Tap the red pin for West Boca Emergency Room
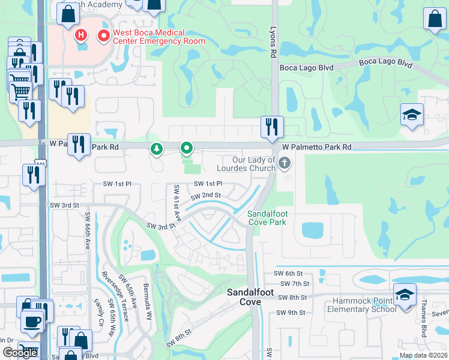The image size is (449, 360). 104,36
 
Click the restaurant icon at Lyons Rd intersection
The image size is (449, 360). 272,127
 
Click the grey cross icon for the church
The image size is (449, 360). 285,162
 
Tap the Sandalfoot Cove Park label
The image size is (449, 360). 267,218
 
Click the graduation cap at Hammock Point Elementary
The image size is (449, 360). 405,295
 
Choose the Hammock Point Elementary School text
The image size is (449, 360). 361,305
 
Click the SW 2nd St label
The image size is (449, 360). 206,196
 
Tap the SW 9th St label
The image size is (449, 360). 291,313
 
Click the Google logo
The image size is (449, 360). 20,353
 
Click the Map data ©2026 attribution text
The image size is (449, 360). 423,355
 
